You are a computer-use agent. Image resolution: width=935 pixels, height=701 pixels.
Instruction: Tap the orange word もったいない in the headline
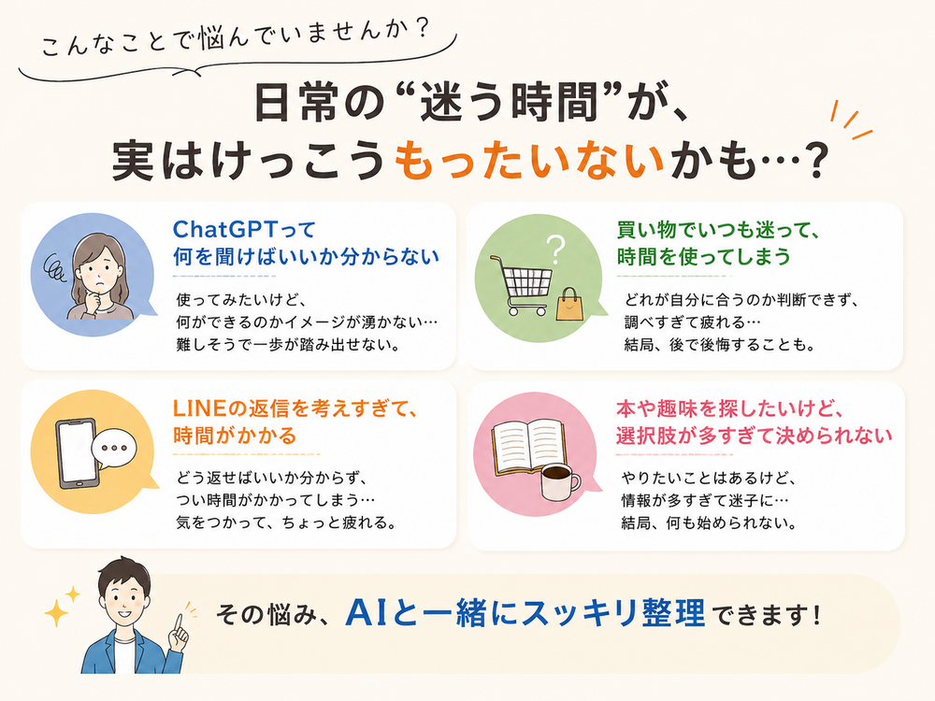click(x=529, y=160)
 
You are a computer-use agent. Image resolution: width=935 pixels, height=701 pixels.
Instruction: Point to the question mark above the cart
click(x=555, y=250)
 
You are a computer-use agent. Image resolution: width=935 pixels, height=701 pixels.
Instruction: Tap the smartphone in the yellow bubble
click(x=76, y=453)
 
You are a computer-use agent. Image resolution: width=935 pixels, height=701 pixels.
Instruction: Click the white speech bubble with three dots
click(x=114, y=449)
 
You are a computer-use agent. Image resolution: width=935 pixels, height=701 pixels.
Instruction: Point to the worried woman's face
click(x=98, y=271)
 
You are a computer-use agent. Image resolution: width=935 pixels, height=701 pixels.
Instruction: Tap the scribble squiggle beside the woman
click(x=57, y=267)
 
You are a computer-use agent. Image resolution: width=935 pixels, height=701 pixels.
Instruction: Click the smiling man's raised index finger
click(x=177, y=622)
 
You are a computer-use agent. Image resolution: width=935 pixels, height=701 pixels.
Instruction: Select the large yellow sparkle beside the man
click(x=56, y=613)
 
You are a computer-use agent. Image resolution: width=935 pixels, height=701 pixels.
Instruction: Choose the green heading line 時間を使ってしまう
click(x=704, y=256)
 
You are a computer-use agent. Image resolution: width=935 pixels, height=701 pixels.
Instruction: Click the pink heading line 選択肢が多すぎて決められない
click(x=754, y=436)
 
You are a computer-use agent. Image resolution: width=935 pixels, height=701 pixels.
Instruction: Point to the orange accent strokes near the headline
click(x=851, y=121)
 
